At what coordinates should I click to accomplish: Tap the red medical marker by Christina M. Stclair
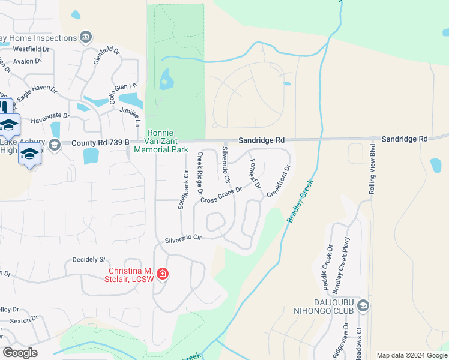[162, 275]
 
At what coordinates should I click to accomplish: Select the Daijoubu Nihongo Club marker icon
[363, 307]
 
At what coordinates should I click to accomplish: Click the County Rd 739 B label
[100, 143]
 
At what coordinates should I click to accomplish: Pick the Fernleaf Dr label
[255, 174]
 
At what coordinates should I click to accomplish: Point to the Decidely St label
[89, 260]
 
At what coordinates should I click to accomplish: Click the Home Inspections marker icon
[86, 37]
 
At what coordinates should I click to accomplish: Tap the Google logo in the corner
[20, 353]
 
